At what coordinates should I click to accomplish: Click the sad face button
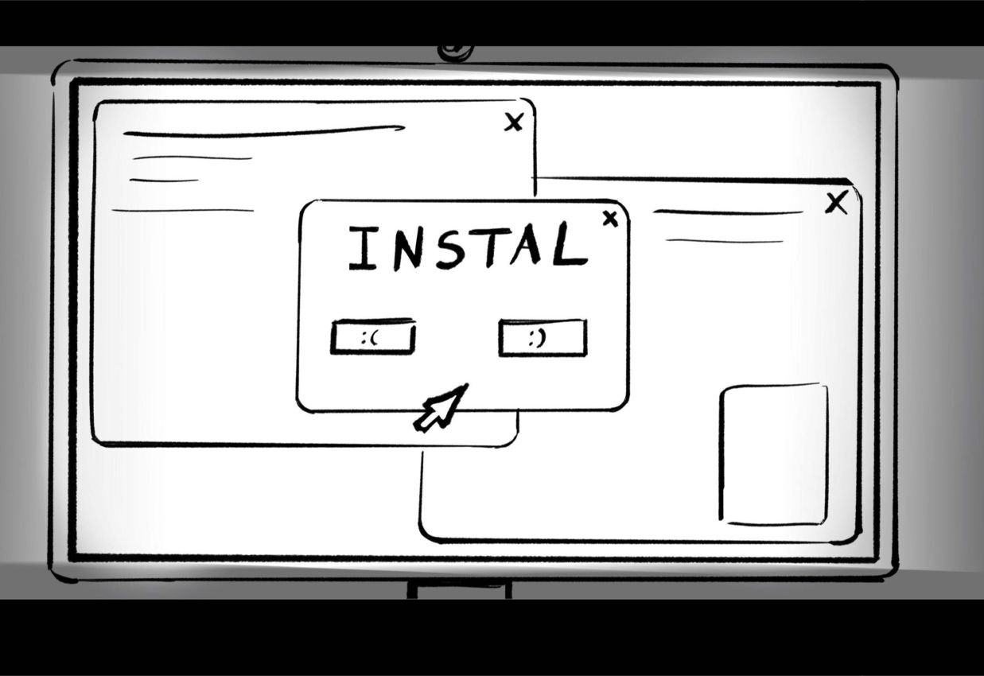pyautogui.click(x=372, y=338)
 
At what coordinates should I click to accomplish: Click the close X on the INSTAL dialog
pyautogui.click(x=610, y=219)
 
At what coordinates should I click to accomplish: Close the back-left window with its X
pyautogui.click(x=514, y=122)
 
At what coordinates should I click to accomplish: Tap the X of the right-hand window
pyautogui.click(x=835, y=204)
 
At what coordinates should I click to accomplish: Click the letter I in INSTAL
pyautogui.click(x=362, y=248)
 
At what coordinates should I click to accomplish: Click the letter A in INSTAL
pyautogui.click(x=527, y=247)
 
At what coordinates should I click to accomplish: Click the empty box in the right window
pyautogui.click(x=773, y=455)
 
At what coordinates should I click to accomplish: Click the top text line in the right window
pyautogui.click(x=728, y=212)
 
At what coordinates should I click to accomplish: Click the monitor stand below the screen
pyautogui.click(x=459, y=589)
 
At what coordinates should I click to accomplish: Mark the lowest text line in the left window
pyautogui.click(x=183, y=211)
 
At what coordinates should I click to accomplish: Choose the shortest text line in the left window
pyautogui.click(x=164, y=181)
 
